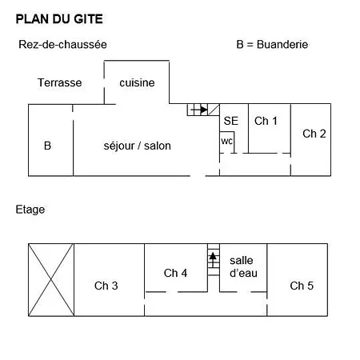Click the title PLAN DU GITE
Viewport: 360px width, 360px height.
click(x=59, y=19)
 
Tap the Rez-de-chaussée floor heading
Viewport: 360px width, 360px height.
click(x=62, y=44)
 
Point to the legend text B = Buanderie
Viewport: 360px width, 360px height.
click(x=272, y=44)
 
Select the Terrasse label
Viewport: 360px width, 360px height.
click(x=59, y=82)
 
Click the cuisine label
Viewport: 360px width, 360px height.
click(x=137, y=82)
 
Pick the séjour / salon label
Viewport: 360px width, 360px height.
click(x=138, y=146)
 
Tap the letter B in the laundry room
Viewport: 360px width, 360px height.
click(x=47, y=146)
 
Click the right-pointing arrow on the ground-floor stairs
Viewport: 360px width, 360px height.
click(x=199, y=110)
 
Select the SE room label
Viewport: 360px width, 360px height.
click(x=231, y=121)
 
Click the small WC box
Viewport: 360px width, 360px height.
click(x=227, y=142)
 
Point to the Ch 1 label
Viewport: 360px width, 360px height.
click(x=266, y=121)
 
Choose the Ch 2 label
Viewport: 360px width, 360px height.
click(x=314, y=134)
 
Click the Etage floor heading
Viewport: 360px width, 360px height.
click(x=30, y=210)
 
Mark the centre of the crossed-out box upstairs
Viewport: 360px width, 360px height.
click(x=51, y=280)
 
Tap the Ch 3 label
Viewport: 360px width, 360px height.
click(x=106, y=286)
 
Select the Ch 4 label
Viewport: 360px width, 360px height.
click(x=175, y=273)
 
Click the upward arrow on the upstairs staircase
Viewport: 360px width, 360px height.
click(x=213, y=260)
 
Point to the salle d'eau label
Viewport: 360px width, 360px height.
click(x=243, y=266)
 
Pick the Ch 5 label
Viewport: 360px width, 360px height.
click(x=302, y=286)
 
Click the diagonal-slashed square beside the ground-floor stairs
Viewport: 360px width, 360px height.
click(x=214, y=110)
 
